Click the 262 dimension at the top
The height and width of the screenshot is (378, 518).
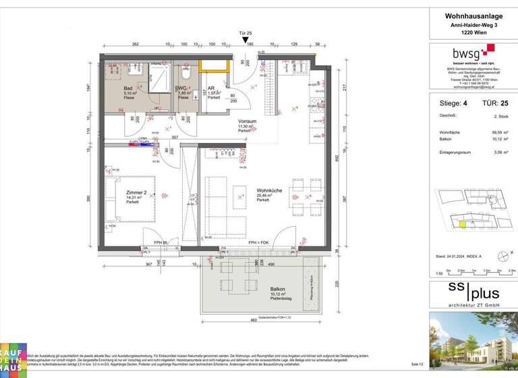tap(135, 44)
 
